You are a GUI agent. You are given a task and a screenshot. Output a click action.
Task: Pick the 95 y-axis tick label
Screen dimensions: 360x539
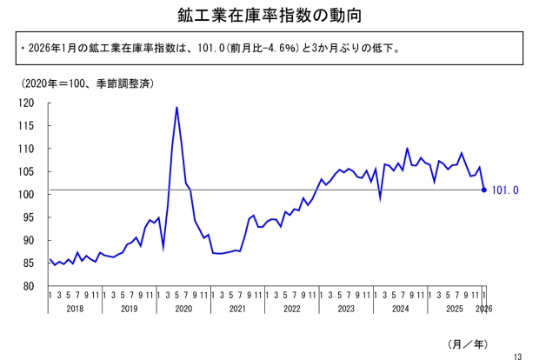28,217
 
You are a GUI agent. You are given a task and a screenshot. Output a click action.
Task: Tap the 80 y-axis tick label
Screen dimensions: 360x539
28,285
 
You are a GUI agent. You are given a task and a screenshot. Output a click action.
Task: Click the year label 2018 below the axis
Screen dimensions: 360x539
76,309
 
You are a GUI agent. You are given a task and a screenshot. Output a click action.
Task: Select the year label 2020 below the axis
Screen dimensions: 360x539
183,309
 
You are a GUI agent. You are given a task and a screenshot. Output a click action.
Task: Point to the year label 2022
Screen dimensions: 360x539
292,309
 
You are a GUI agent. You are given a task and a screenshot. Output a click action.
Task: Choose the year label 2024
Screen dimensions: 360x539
400,309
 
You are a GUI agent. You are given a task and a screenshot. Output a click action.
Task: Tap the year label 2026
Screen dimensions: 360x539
483,309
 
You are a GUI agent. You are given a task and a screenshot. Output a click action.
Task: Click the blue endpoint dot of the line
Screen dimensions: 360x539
484,190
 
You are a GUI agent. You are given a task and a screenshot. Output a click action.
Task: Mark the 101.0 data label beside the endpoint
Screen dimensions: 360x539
505,190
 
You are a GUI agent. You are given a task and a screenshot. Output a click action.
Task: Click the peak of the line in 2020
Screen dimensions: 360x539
177,108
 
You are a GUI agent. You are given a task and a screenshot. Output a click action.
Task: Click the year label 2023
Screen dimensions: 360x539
346,309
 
